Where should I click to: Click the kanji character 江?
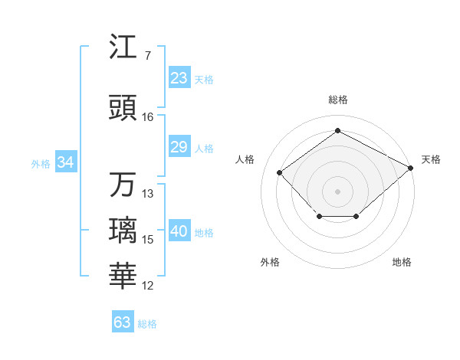[123, 47]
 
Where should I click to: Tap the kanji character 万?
[123, 185]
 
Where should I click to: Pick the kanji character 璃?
[123, 231]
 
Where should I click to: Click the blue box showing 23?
[179, 78]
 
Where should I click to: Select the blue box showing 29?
[179, 147]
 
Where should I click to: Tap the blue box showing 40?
[179, 232]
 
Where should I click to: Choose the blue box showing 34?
[65, 162]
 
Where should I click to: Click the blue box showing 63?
[123, 322]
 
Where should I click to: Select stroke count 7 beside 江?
[147, 56]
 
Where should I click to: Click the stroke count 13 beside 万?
[148, 194]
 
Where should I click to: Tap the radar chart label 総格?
[337, 100]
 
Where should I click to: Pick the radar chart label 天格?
[431, 159]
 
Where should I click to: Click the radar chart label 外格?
[270, 262]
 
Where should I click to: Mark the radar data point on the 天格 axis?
[412, 168]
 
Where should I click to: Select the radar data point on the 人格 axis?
[280, 172]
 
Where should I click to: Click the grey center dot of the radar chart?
[337, 191]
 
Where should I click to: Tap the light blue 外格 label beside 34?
[41, 163]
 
